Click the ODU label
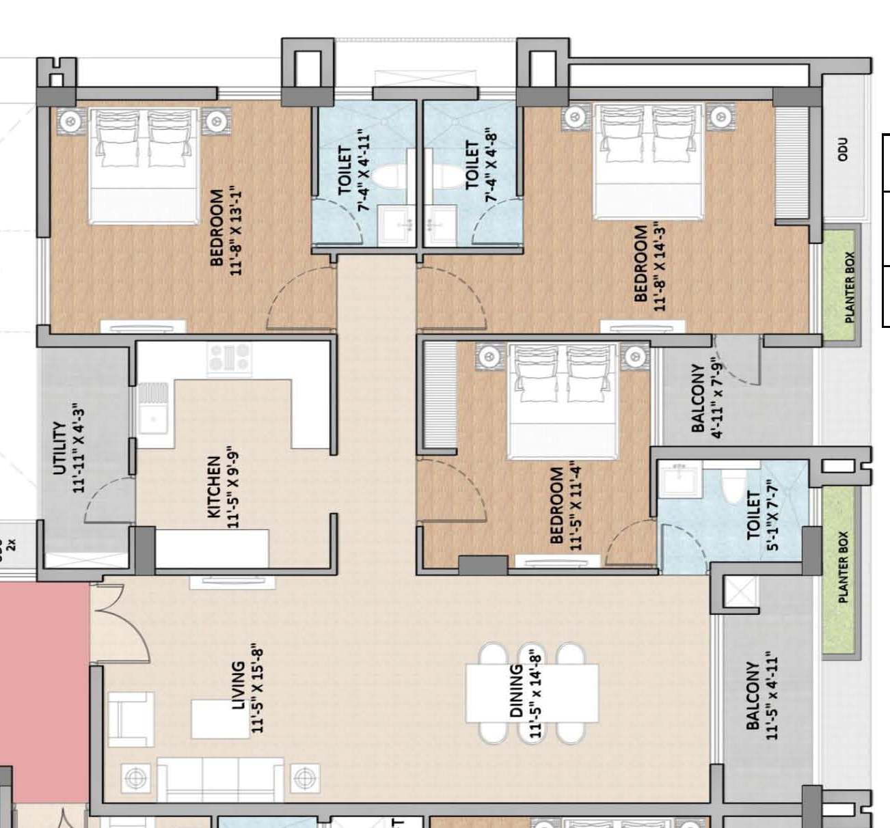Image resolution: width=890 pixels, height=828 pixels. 843,150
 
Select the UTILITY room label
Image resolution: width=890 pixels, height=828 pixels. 59,447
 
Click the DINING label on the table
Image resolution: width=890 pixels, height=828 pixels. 517,691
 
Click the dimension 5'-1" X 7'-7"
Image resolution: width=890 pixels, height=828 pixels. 772,514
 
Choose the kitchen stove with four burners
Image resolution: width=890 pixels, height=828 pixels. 229,357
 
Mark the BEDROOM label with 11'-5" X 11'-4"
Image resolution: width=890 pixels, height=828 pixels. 556,505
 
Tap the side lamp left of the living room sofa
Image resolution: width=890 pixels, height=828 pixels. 134,777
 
